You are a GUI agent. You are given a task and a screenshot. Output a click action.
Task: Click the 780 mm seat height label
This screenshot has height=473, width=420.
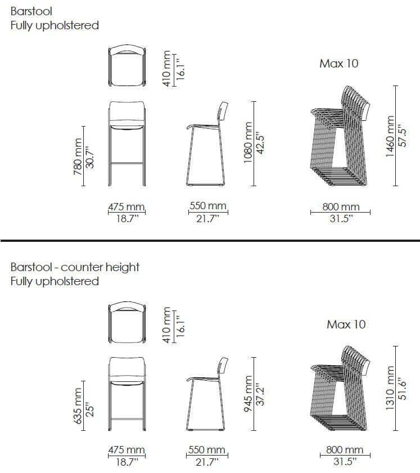77,156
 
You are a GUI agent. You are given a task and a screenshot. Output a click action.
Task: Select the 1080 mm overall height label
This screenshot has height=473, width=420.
247,142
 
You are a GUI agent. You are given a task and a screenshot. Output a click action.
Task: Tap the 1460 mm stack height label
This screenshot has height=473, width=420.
390,136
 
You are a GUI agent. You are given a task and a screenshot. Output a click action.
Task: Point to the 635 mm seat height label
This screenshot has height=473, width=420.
77,406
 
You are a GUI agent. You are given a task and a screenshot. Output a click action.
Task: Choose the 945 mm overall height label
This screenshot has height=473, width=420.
247,394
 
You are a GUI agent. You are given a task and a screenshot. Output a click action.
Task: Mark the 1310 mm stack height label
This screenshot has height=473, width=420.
390,388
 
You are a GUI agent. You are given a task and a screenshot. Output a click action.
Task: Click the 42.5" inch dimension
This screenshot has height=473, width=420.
260,143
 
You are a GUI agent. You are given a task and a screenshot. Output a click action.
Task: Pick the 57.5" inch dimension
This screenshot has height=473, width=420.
402,136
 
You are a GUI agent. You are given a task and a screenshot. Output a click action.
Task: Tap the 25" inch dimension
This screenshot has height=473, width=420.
89,409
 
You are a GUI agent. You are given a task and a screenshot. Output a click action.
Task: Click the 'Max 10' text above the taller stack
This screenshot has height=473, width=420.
339,64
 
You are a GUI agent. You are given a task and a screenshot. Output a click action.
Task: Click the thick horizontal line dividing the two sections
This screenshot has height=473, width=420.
210,240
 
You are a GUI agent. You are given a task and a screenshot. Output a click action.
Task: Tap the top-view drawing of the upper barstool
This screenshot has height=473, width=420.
127,65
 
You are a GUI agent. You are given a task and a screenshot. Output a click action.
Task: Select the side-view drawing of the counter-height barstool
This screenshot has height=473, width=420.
207,394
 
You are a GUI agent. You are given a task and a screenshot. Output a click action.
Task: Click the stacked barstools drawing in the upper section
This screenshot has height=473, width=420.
340,136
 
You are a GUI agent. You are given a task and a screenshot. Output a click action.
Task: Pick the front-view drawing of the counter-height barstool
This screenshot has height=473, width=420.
127,394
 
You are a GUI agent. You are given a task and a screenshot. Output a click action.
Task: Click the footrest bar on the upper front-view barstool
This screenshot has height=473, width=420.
127,164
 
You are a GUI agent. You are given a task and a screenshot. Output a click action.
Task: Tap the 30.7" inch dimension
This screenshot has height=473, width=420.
89,157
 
